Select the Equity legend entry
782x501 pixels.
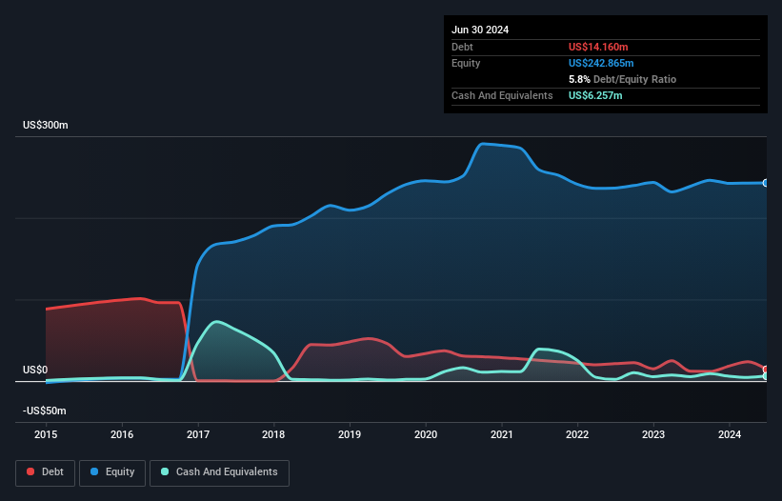click(x=112, y=471)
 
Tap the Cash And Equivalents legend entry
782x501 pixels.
click(x=219, y=471)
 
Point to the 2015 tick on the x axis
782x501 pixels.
click(x=46, y=435)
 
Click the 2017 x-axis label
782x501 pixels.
click(x=198, y=435)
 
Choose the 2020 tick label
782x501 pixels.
click(x=426, y=435)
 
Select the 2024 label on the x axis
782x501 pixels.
click(x=729, y=435)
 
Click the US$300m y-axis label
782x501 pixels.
click(x=46, y=126)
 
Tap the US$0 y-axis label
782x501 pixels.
click(x=35, y=370)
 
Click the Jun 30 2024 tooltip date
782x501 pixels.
click(x=480, y=30)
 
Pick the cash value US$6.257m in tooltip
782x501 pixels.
click(x=597, y=95)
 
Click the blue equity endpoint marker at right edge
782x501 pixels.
click(x=766, y=183)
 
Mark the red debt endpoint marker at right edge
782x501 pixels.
click(x=766, y=370)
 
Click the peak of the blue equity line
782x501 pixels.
click(x=483, y=144)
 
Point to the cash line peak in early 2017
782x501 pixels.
click(x=218, y=322)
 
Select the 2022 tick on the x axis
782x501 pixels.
click(x=577, y=435)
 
